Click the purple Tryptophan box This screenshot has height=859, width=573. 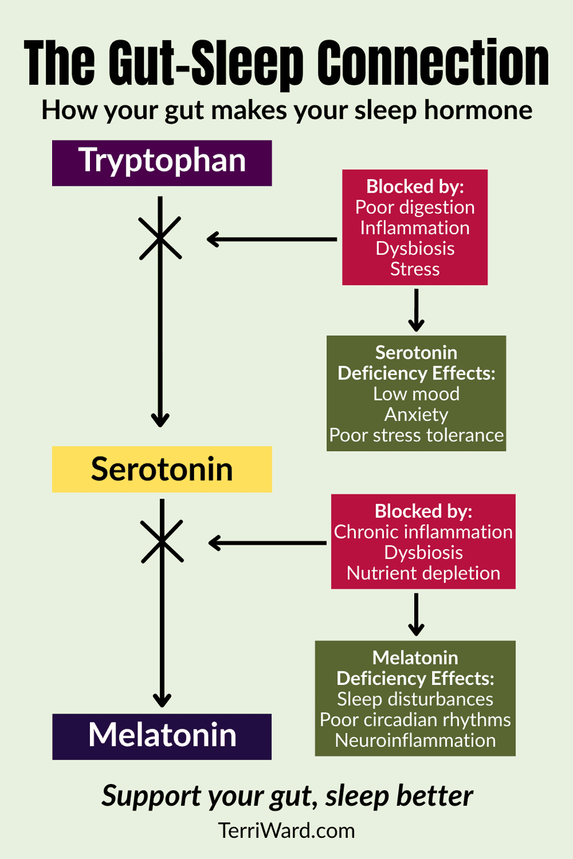click(x=162, y=162)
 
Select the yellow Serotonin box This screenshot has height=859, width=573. click(x=162, y=469)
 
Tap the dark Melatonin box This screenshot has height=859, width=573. click(x=162, y=736)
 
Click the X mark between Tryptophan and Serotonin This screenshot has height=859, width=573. click(x=161, y=238)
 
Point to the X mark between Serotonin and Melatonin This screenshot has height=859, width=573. click(x=162, y=542)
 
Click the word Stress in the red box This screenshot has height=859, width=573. click(x=415, y=270)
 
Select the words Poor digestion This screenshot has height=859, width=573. click(x=415, y=207)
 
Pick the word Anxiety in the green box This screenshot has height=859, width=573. click(x=416, y=415)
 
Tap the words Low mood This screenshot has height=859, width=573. click(x=416, y=394)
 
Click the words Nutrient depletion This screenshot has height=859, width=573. click(x=424, y=573)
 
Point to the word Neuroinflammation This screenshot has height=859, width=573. click(x=415, y=741)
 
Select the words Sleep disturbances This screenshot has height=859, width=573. click(x=415, y=699)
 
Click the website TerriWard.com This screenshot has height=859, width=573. click(x=286, y=830)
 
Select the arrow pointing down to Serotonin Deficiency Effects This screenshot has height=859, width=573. click(x=416, y=311)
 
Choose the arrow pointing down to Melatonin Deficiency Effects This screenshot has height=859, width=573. click(x=416, y=614)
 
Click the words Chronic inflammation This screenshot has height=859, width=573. click(x=424, y=532)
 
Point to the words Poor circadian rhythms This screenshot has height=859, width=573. click(x=415, y=720)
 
